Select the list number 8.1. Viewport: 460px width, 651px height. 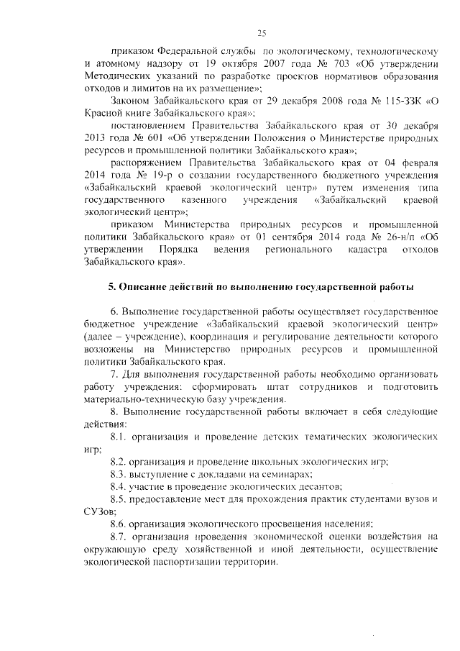click(x=119, y=437)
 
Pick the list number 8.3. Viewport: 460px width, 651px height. click(x=119, y=474)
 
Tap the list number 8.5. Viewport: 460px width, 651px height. click(x=119, y=499)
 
